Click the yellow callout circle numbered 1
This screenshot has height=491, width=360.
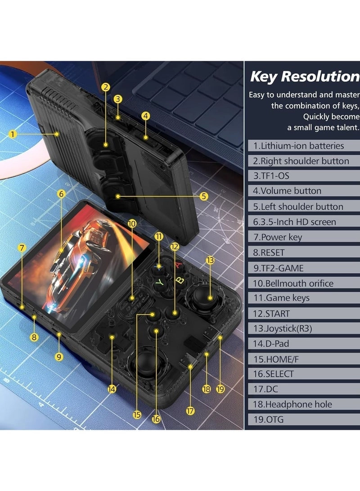tap(13, 134)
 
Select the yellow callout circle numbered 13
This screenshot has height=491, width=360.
tap(210, 260)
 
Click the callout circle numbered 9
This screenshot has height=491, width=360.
tap(59, 356)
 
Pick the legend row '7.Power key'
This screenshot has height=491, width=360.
tap(304, 237)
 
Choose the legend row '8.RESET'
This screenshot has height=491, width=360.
tap(304, 252)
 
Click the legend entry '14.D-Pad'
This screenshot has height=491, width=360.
tap(304, 343)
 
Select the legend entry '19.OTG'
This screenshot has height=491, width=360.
tap(304, 419)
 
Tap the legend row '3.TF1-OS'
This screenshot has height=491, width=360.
tap(304, 176)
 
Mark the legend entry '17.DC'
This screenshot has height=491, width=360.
tap(304, 389)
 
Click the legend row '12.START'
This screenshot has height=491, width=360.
tap(304, 313)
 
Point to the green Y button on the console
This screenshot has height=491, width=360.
tap(158, 283)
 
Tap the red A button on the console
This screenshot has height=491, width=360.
tap(179, 265)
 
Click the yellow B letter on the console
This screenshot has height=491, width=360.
tap(179, 280)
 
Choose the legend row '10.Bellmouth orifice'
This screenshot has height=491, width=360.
tap(304, 283)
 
